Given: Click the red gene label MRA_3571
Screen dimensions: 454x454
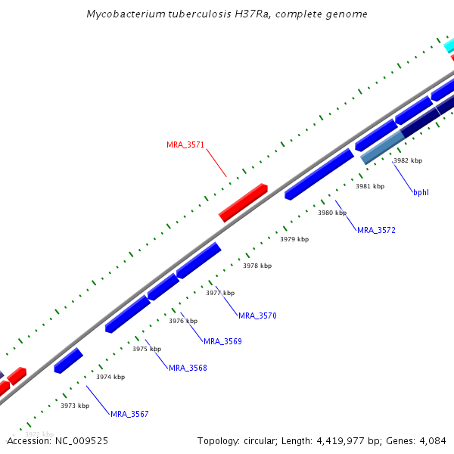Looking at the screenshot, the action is (x=185, y=145).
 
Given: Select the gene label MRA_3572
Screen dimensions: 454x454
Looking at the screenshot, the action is (x=376, y=230).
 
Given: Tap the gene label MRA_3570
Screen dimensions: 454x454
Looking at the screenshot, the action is (x=257, y=316).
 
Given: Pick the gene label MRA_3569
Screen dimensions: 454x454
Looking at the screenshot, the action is (x=222, y=341).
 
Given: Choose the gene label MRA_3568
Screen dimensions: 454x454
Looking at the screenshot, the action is (x=188, y=368).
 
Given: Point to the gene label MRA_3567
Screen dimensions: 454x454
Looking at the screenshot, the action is (x=129, y=414).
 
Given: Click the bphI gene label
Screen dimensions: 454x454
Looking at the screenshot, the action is (x=421, y=192).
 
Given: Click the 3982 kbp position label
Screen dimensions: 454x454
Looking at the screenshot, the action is (x=408, y=160).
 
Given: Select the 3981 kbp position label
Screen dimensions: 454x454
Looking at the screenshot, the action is (x=370, y=186).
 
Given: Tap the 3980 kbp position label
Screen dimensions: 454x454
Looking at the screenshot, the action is (x=332, y=213).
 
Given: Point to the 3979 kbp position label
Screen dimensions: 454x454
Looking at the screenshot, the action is (x=294, y=239).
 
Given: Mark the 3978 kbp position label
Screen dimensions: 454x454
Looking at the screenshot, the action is (x=257, y=266).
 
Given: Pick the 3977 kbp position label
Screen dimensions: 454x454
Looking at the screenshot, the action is (x=220, y=293).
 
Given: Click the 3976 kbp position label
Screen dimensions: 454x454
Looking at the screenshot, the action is (x=183, y=321).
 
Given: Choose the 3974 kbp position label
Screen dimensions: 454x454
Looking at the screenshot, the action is (x=110, y=377).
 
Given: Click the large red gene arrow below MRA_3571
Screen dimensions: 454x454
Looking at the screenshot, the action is (x=243, y=202).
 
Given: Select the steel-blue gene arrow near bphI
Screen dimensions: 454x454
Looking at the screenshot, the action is (x=383, y=148).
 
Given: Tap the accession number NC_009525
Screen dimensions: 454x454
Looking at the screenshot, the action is (x=81, y=440).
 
